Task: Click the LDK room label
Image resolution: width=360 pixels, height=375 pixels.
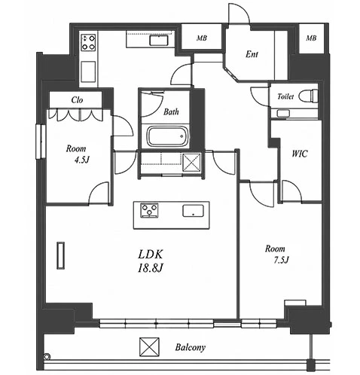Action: point(151,255)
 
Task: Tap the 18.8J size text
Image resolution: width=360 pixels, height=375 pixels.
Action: point(151,268)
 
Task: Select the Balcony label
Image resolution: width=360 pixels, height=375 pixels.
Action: point(191,348)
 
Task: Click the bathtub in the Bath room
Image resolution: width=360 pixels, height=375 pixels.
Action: point(167,136)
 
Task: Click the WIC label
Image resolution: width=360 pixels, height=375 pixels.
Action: point(300,154)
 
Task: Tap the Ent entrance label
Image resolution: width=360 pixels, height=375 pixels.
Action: point(252,54)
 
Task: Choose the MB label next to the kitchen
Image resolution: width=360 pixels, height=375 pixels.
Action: point(202,38)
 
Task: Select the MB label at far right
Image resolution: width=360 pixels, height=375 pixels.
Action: point(311,38)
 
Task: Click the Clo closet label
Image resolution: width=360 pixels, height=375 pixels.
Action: point(77,100)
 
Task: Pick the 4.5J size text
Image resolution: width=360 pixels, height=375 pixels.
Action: point(81,160)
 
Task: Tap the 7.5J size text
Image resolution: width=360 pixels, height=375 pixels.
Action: point(281,260)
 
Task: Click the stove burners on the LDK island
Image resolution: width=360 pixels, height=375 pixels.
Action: point(149,210)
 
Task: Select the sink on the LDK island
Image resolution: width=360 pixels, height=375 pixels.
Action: point(193,211)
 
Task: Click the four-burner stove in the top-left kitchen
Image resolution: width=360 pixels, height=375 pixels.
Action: point(88,42)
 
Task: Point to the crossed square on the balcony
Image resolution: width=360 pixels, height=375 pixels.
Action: point(149,347)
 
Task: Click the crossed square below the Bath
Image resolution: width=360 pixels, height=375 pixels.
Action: point(191,163)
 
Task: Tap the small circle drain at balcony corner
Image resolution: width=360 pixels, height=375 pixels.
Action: point(47,356)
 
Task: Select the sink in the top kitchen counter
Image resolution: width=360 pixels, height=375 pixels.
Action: point(159,41)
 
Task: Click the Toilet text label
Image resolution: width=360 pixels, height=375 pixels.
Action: point(285,96)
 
